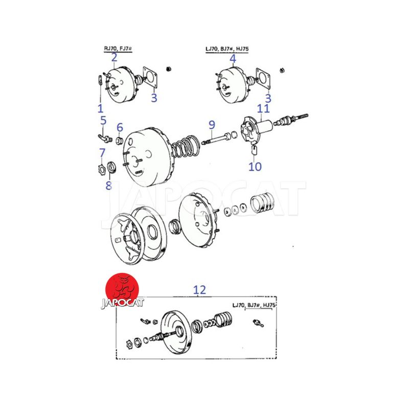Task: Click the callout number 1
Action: click(100, 108)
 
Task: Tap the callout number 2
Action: click(114, 58)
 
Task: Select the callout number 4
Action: click(233, 59)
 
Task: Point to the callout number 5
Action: click(104, 121)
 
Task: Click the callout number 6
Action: click(120, 127)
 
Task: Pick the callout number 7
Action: click(102, 153)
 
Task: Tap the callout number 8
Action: click(109, 186)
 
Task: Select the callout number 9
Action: click(212, 125)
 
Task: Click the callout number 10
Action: click(255, 167)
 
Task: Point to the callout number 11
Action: click(263, 108)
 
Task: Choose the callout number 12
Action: click(199, 290)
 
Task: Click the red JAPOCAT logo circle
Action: click(122, 290)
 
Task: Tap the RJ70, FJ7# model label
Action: click(118, 49)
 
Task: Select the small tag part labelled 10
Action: click(254, 150)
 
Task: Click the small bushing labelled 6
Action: click(120, 141)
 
